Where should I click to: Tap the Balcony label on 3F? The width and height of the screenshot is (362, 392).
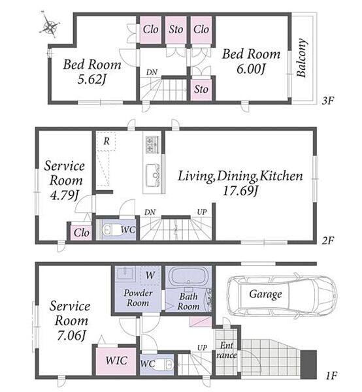[302, 57]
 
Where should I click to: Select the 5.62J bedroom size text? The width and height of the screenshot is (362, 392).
[91, 79]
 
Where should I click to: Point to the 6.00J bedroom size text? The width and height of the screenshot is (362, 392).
[251, 69]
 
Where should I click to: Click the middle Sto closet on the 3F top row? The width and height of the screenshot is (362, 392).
[176, 30]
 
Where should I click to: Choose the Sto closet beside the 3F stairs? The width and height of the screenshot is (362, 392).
[201, 90]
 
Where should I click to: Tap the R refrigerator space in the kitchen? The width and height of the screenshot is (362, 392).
[107, 141]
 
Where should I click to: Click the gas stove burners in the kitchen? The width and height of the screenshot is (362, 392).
[152, 145]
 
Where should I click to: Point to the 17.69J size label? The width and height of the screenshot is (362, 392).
[240, 191]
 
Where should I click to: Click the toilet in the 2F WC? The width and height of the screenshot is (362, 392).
[110, 229]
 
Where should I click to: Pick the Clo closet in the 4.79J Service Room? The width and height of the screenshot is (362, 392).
[81, 233]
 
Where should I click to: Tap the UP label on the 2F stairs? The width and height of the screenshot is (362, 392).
[201, 212]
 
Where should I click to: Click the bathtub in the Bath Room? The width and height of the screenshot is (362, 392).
[188, 278]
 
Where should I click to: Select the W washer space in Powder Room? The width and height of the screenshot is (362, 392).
[150, 275]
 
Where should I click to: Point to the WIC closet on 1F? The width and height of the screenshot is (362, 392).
[116, 361]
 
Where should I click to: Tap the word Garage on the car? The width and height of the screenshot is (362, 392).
[265, 294]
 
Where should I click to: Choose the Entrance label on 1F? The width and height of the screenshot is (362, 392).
[227, 350]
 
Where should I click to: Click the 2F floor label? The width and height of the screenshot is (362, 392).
[328, 240]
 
